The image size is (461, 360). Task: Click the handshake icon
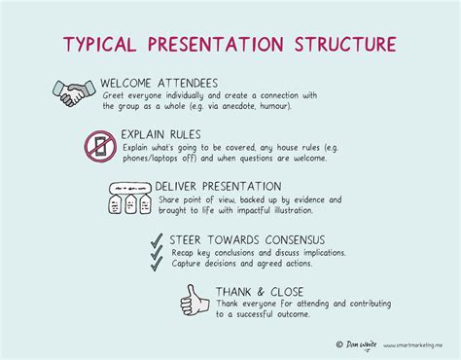(x=72, y=93)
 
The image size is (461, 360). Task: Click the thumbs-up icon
(x=195, y=301)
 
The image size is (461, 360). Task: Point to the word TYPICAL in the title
(x=103, y=45)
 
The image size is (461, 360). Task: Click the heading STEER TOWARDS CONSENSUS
(x=248, y=239)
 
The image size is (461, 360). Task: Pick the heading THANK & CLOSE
(x=260, y=291)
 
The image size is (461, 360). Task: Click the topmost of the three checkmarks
(x=156, y=238)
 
